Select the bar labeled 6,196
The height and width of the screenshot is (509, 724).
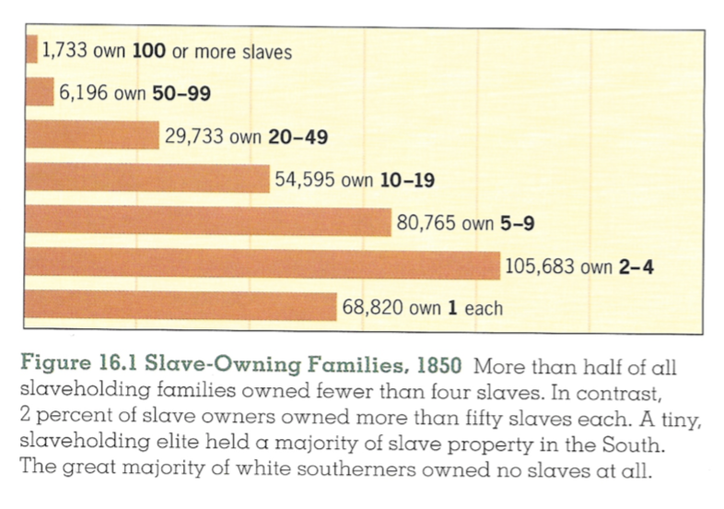pyautogui.click(x=41, y=92)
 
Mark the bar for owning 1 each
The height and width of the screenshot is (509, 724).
pyautogui.click(x=183, y=307)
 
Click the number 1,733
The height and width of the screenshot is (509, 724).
pyautogui.click(x=65, y=52)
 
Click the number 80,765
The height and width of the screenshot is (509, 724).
pyautogui.click(x=426, y=222)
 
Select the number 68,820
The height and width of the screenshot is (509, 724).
pyautogui.click(x=373, y=307)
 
